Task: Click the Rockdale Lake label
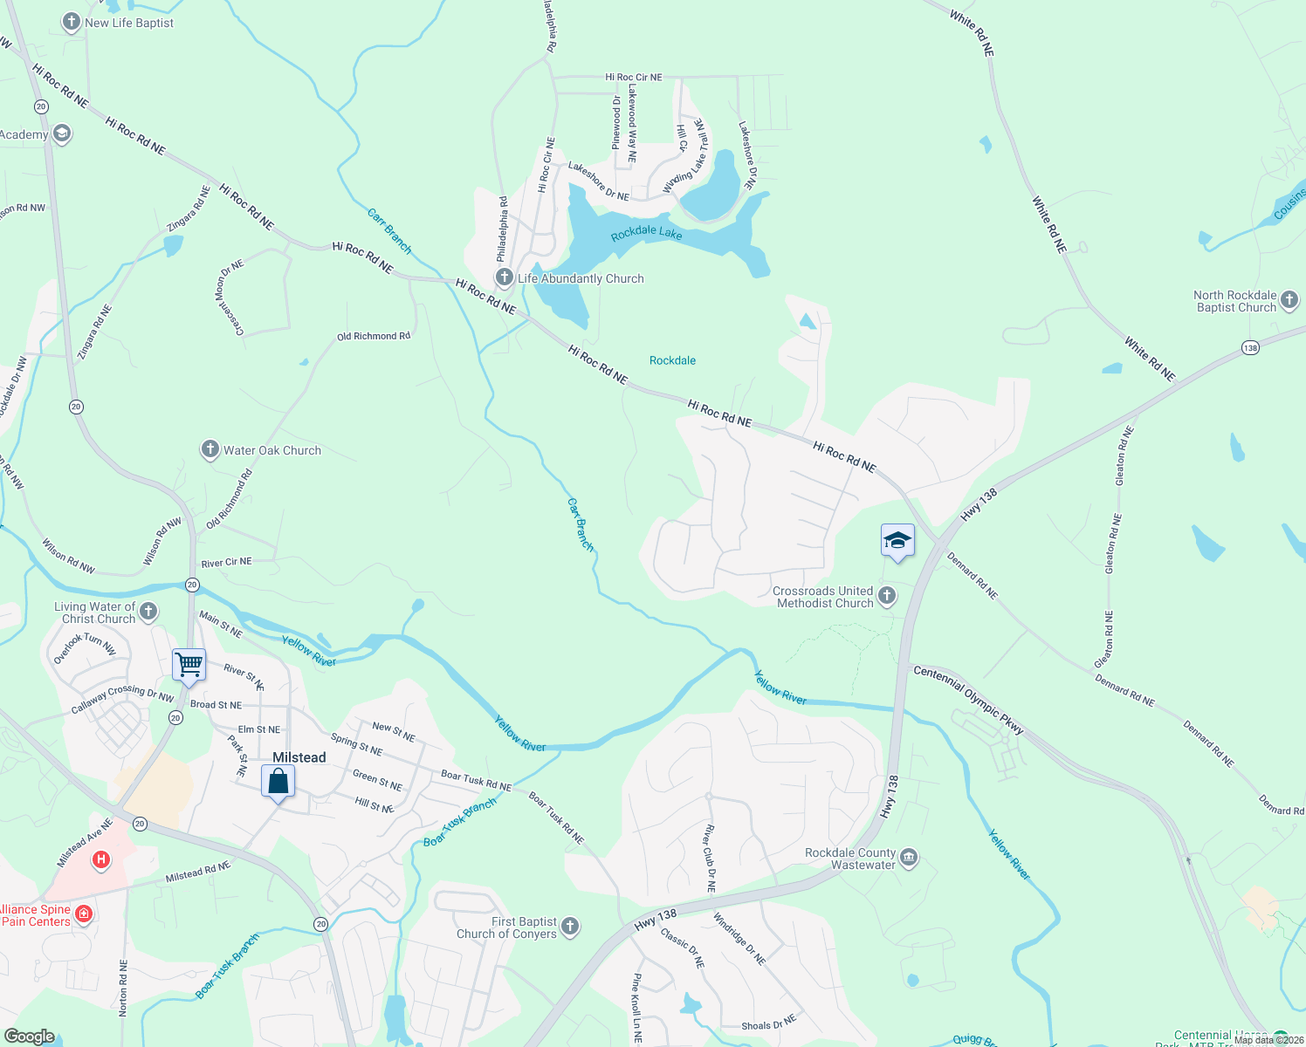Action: pyautogui.click(x=646, y=234)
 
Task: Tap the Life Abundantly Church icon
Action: pyautogui.click(x=504, y=277)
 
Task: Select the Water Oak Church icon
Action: pyautogui.click(x=210, y=449)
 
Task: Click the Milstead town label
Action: pyautogui.click(x=299, y=757)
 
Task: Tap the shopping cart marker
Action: pyautogui.click(x=189, y=666)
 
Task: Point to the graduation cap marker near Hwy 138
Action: pyautogui.click(x=897, y=541)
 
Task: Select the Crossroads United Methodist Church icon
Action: pyautogui.click(x=887, y=596)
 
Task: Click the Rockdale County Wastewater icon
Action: pyautogui.click(x=909, y=858)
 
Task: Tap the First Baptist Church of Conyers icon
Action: pyautogui.click(x=570, y=927)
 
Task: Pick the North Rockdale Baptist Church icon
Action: pyautogui.click(x=1289, y=301)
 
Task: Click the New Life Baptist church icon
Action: pyautogui.click(x=72, y=22)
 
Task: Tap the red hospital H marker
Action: pyautogui.click(x=101, y=860)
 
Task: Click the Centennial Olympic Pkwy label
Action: pyautogui.click(x=968, y=698)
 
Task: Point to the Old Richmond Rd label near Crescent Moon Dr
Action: pyautogui.click(x=374, y=336)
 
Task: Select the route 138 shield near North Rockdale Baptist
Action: pyautogui.click(x=1250, y=348)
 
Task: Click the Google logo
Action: pyautogui.click(x=29, y=1036)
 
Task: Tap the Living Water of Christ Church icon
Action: pyautogui.click(x=148, y=611)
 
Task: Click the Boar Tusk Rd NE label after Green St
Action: pyautogui.click(x=476, y=780)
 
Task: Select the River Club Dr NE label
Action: pyautogui.click(x=711, y=858)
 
